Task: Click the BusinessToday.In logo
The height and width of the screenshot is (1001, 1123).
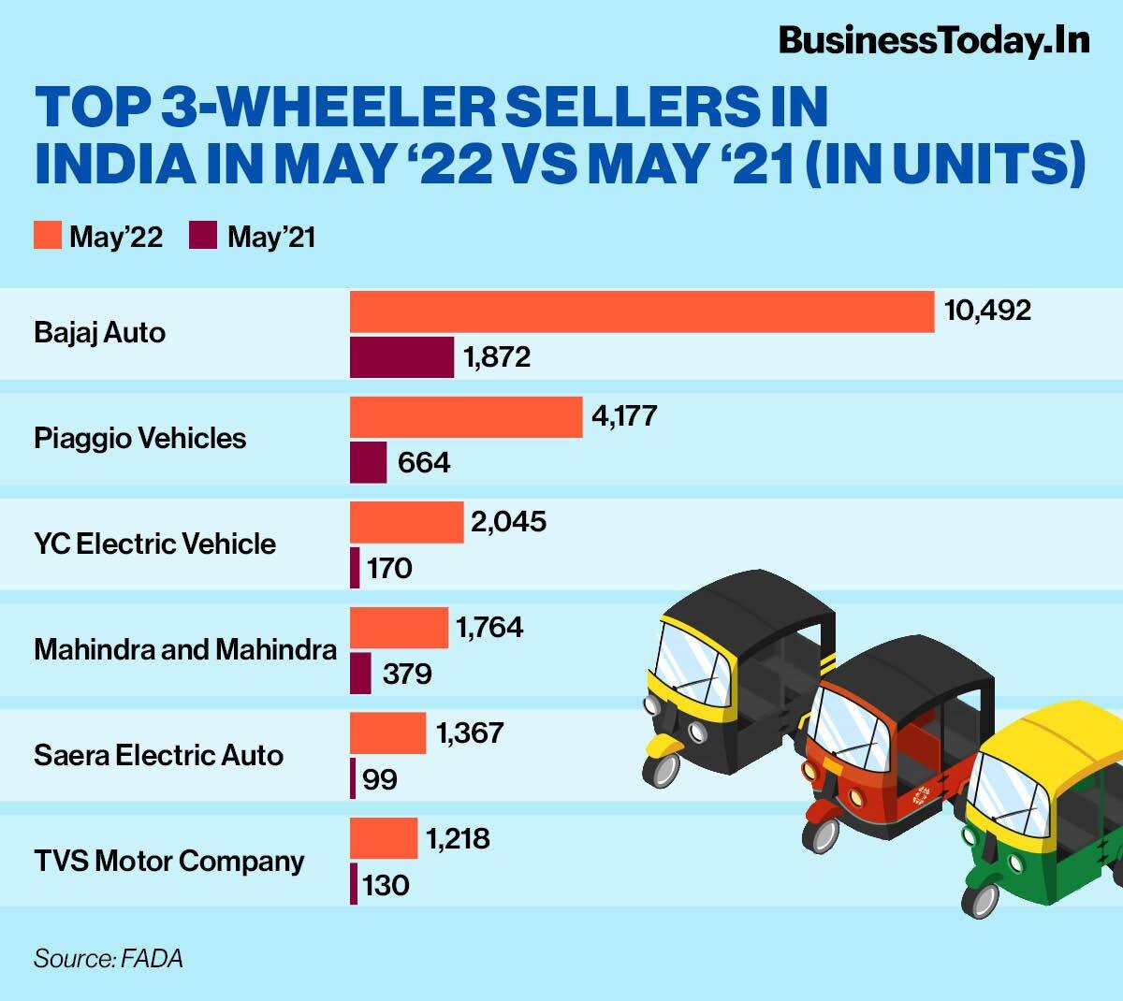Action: [933, 40]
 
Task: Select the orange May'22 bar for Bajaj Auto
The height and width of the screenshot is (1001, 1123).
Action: [642, 312]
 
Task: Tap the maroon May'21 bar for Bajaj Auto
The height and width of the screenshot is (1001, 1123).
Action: [401, 357]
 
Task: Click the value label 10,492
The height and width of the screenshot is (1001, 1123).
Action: [987, 311]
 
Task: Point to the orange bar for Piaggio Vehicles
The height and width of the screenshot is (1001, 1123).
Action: [466, 417]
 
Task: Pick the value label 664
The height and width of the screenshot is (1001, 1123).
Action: [424, 462]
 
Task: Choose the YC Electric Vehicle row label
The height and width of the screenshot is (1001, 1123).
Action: [154, 544]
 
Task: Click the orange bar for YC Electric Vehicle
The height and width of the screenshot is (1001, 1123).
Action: [406, 522]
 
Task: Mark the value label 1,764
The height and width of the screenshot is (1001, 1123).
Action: [489, 627]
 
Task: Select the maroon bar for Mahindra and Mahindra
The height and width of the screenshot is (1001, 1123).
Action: [360, 674]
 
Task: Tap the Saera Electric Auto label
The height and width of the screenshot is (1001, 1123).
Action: [158, 755]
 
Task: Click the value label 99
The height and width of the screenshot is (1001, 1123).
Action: [379, 779]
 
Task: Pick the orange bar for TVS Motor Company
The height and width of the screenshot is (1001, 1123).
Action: [384, 838]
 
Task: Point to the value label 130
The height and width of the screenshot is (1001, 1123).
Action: [386, 885]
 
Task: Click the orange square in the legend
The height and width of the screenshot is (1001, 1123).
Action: [48, 236]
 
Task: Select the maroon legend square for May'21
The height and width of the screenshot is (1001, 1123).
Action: [203, 236]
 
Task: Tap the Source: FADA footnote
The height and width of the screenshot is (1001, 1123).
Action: [108, 959]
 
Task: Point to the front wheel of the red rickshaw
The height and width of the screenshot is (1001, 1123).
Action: [821, 832]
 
